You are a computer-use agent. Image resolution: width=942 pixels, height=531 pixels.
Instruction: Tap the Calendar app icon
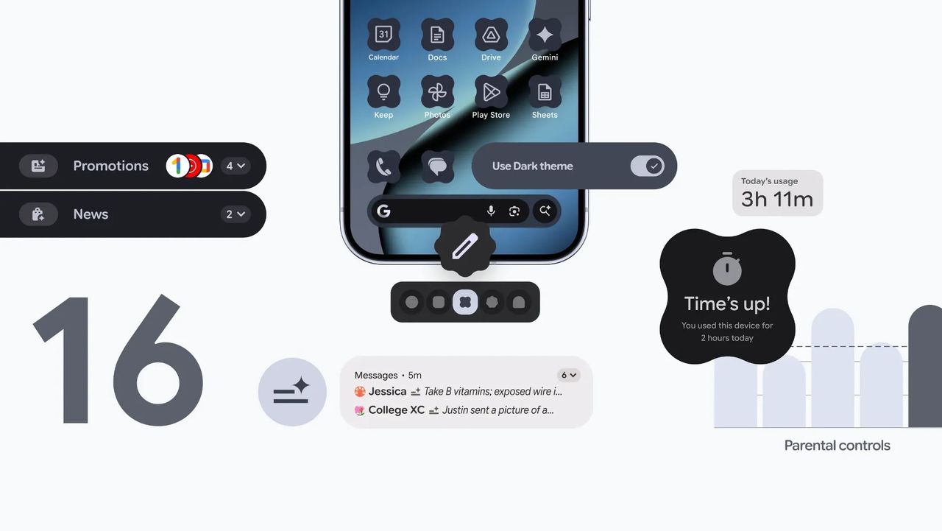(383, 35)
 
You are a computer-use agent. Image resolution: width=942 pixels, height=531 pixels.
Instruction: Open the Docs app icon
(437, 35)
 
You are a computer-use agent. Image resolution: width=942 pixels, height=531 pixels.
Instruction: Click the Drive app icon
(491, 35)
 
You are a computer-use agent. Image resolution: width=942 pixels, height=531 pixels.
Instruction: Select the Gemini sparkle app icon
(545, 35)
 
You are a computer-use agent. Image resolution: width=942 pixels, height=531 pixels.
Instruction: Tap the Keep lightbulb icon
(383, 92)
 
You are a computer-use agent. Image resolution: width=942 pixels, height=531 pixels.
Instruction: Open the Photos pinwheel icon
(437, 92)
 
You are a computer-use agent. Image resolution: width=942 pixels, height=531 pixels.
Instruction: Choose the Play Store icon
(491, 92)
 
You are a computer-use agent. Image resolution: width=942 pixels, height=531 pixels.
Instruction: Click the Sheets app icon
(545, 92)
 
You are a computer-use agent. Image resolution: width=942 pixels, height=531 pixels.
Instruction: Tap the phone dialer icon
(383, 166)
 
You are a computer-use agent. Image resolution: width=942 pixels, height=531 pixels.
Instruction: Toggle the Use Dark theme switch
(647, 166)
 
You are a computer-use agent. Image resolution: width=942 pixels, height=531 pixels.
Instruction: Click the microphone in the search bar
(491, 211)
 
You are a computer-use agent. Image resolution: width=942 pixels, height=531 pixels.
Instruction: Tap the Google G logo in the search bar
(383, 211)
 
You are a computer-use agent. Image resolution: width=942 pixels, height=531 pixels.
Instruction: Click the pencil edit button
(465, 247)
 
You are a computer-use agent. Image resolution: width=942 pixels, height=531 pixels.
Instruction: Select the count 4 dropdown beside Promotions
(235, 166)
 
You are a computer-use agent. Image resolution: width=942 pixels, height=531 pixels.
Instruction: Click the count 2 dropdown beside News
(235, 214)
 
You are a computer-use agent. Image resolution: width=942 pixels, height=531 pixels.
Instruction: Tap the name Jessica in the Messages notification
(387, 392)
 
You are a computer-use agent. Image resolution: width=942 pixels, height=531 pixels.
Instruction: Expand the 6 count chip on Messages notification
(569, 375)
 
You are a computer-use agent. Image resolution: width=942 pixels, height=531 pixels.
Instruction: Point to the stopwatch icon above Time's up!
(727, 269)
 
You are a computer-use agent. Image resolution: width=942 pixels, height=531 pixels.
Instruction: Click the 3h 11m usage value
(777, 200)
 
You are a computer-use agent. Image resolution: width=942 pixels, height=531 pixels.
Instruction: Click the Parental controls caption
(837, 446)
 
